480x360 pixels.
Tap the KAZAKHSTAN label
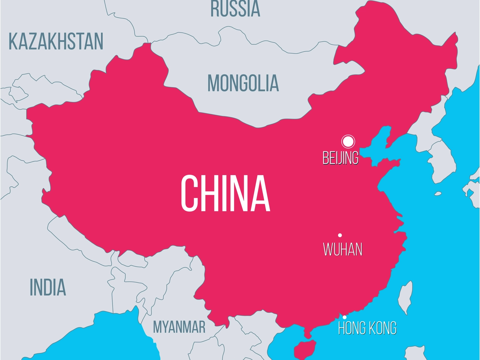(x=56, y=42)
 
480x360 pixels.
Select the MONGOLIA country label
(x=243, y=83)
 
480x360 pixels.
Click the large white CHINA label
(x=225, y=193)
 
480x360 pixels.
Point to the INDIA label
(x=48, y=287)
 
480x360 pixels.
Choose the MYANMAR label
(x=179, y=327)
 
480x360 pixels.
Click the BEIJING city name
(x=340, y=158)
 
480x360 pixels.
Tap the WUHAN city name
(x=343, y=249)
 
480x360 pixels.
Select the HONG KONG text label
(x=367, y=328)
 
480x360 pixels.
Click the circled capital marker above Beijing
(x=348, y=141)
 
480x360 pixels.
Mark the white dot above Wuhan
(x=340, y=235)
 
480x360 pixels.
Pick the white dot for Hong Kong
(x=344, y=317)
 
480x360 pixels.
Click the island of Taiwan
(x=405, y=296)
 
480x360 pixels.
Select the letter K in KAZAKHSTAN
(x=14, y=42)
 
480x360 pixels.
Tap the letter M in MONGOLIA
(x=214, y=83)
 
